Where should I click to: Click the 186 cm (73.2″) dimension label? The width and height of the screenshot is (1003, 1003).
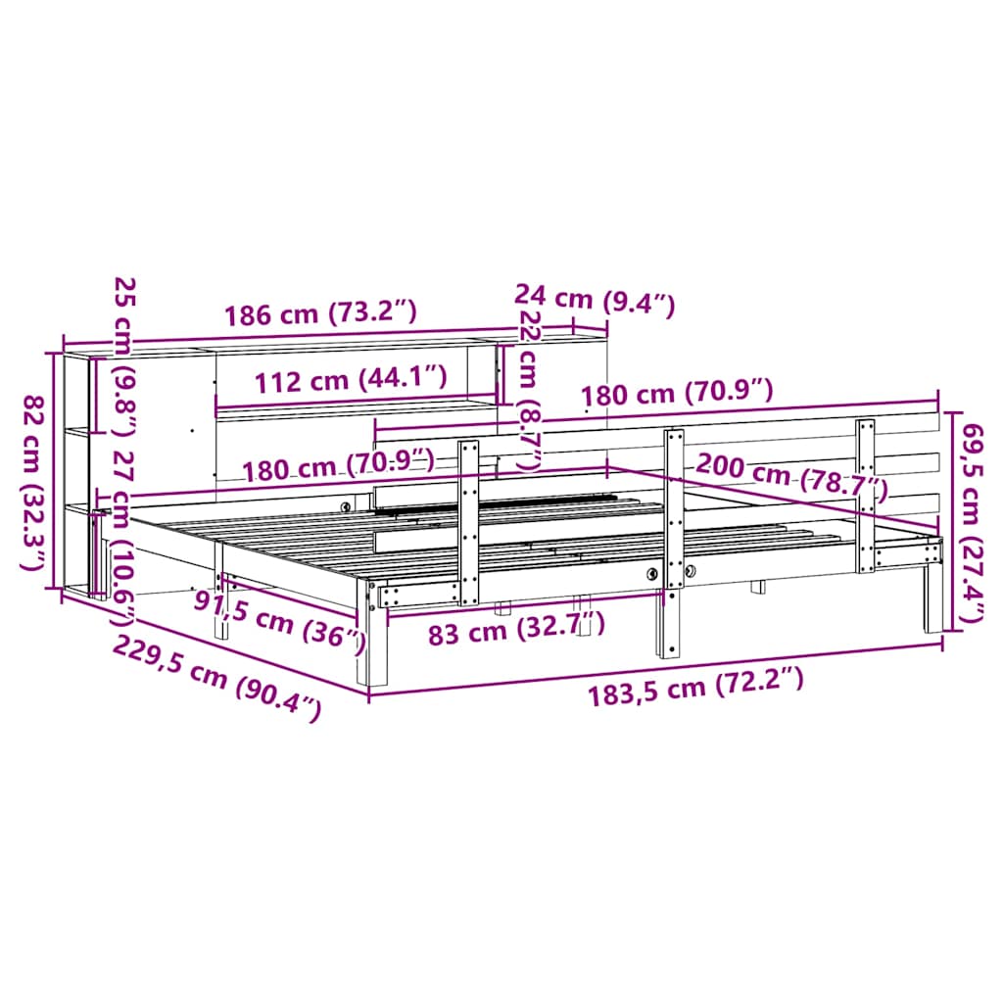pyautogui.click(x=320, y=312)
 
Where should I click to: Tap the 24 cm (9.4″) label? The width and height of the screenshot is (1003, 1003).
pyautogui.click(x=595, y=300)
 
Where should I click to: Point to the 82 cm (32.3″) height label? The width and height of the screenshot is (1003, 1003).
pyautogui.click(x=34, y=482)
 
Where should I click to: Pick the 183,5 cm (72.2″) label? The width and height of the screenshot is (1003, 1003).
pyautogui.click(x=695, y=687)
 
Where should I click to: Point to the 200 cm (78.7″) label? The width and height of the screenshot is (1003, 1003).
pyautogui.click(x=791, y=476)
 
